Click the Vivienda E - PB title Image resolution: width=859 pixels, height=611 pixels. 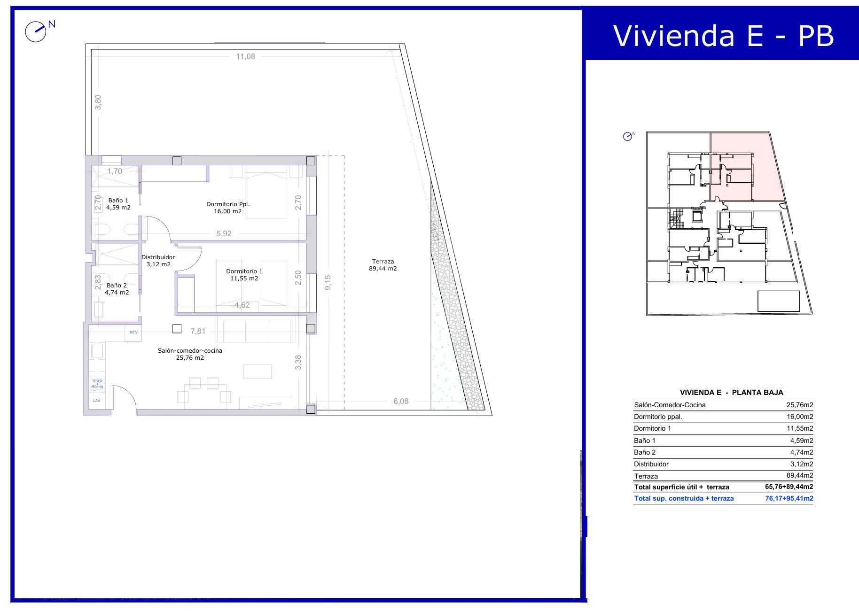click(723, 35)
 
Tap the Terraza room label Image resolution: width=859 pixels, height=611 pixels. click(383, 262)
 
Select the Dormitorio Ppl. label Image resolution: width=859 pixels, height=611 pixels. click(228, 204)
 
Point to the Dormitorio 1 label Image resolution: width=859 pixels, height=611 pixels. click(244, 271)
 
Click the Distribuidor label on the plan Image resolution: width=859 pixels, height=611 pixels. click(158, 257)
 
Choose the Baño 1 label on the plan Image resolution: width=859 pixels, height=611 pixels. click(118, 200)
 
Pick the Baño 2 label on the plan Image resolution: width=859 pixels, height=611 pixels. click(117, 285)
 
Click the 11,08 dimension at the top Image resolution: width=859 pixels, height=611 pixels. click(245, 57)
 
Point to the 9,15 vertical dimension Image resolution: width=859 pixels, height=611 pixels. click(328, 282)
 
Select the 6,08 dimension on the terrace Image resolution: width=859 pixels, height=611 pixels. click(401, 401)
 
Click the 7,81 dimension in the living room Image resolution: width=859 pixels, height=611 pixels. click(198, 331)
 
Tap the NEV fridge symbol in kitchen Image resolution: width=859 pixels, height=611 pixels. click(134, 332)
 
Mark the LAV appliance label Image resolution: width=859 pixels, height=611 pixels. click(97, 401)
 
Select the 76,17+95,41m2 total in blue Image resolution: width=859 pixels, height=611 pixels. click(789, 498)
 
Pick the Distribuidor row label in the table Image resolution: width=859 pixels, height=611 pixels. click(651, 464)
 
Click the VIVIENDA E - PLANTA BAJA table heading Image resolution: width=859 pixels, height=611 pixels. click(732, 393)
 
